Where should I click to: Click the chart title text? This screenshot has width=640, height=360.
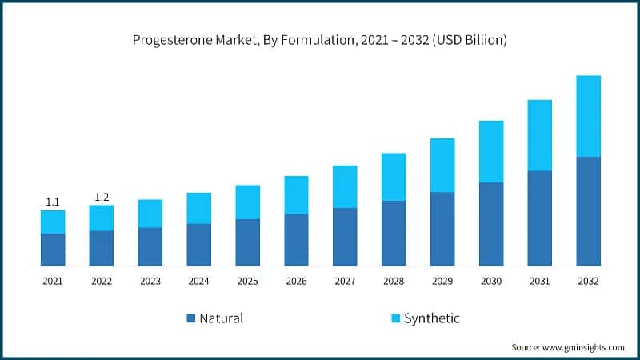click(x=319, y=39)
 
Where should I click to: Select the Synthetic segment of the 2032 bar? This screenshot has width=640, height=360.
click(x=588, y=116)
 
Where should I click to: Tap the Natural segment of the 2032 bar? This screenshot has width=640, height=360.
click(x=588, y=211)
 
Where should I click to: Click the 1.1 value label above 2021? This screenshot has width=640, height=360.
click(x=53, y=202)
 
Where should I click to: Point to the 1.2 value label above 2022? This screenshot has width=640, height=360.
click(x=102, y=197)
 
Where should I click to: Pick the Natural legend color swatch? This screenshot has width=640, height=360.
click(x=190, y=318)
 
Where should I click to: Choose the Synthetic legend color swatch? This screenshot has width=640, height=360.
click(x=394, y=318)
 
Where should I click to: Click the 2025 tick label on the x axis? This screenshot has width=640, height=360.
click(x=247, y=281)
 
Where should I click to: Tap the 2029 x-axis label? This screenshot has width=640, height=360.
click(x=442, y=281)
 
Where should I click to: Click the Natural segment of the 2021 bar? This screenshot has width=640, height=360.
click(x=53, y=250)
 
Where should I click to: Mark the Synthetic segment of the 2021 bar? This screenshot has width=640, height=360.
click(x=53, y=222)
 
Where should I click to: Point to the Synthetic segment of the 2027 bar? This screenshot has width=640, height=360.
click(x=345, y=186)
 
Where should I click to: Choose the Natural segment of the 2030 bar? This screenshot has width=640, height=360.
click(x=491, y=224)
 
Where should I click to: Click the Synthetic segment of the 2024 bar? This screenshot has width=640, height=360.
click(x=198, y=208)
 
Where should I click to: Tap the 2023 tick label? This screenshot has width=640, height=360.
click(x=150, y=281)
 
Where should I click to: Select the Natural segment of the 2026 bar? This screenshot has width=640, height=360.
click(x=296, y=239)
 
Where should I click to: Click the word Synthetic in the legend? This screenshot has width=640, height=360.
click(x=432, y=318)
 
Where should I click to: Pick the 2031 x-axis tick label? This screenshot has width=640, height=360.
click(x=540, y=281)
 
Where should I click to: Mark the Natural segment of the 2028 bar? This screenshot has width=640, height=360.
click(x=394, y=233)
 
